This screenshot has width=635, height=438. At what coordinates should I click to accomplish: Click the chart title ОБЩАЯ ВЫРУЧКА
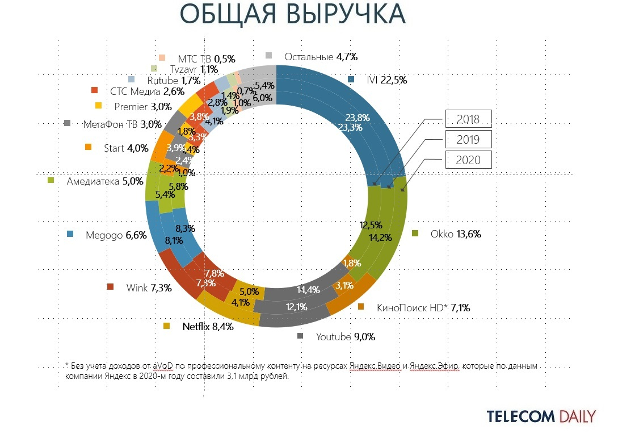pos(293,14)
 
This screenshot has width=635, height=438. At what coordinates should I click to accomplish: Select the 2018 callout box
pos(468,119)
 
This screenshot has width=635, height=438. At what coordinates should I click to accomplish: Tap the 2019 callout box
pos(468,139)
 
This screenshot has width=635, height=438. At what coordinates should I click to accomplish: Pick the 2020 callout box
pos(468,160)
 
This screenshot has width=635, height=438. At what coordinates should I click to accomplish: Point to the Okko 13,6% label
pos(456,233)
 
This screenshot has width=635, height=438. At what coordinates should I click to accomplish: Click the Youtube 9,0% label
pos(346,336)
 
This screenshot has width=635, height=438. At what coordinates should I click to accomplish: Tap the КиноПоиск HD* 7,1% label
pos(423,307)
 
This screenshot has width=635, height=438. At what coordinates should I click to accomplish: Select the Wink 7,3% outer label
pos(149,287)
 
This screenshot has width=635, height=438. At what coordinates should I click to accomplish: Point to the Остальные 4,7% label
pos(321,56)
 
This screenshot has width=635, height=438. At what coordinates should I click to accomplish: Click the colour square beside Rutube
pos(132,80)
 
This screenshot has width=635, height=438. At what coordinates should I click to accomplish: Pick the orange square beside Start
pos(88,147)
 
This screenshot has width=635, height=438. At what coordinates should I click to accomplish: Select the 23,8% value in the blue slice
pos(358,118)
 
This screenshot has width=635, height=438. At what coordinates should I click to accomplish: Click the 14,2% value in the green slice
pos(380,237)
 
